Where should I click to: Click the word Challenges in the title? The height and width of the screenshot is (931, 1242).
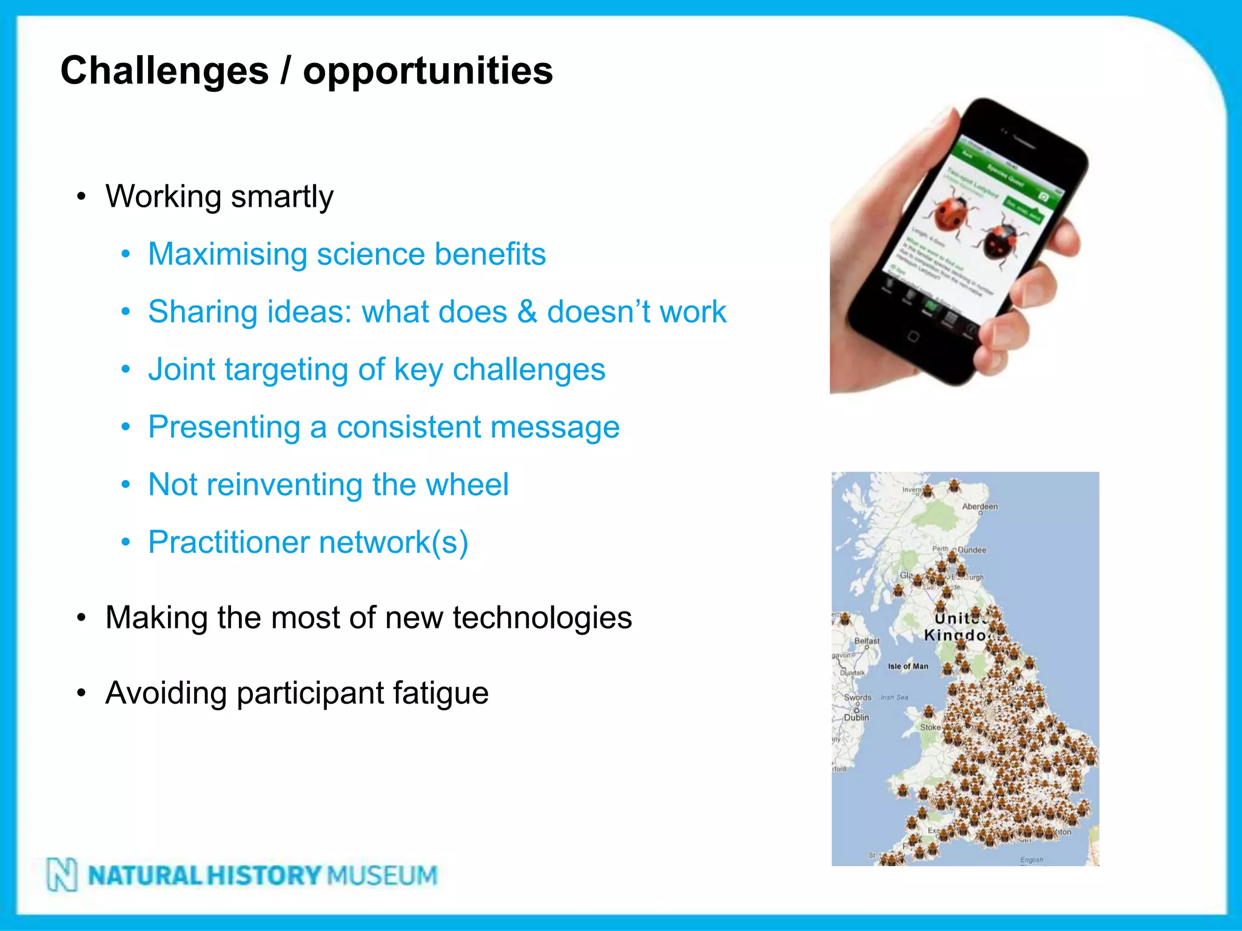164,71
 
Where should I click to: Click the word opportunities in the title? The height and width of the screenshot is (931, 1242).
428,71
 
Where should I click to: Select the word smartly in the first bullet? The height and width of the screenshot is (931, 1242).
282,196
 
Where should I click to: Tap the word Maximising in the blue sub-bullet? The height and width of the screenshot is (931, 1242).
227,254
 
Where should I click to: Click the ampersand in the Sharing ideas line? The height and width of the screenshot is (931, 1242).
527,312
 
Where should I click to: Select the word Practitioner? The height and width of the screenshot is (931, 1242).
229,542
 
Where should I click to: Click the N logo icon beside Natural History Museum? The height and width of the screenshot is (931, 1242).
62,875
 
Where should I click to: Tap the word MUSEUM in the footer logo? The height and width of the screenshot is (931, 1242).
382,875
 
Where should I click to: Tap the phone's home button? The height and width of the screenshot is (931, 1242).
913,336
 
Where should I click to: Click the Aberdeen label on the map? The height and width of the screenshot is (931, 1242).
979,507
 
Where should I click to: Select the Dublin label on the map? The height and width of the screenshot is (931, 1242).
856,718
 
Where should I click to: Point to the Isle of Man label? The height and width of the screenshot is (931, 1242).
908,666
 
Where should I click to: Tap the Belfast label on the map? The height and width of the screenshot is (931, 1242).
867,641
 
